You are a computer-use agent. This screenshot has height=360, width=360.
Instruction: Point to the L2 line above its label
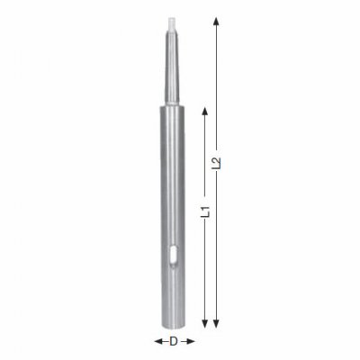coord(216,90)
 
